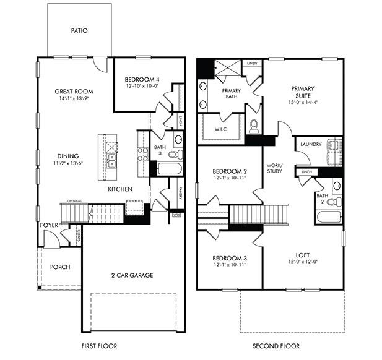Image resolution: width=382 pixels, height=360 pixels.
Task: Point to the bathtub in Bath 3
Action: point(169,169)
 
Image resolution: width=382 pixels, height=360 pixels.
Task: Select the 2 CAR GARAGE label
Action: point(132,275)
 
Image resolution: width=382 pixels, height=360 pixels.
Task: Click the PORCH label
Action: point(60,267)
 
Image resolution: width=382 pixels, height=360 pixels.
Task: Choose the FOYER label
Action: point(49,225)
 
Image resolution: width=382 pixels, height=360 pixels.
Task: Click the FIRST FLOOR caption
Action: point(99,346)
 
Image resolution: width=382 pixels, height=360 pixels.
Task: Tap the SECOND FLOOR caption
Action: point(276,346)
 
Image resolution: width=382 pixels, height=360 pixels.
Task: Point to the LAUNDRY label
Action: point(311,144)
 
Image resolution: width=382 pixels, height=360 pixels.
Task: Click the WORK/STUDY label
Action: point(274,168)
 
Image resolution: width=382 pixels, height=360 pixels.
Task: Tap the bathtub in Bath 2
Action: point(328,217)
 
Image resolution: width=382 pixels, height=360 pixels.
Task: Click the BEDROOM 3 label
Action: point(229,258)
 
